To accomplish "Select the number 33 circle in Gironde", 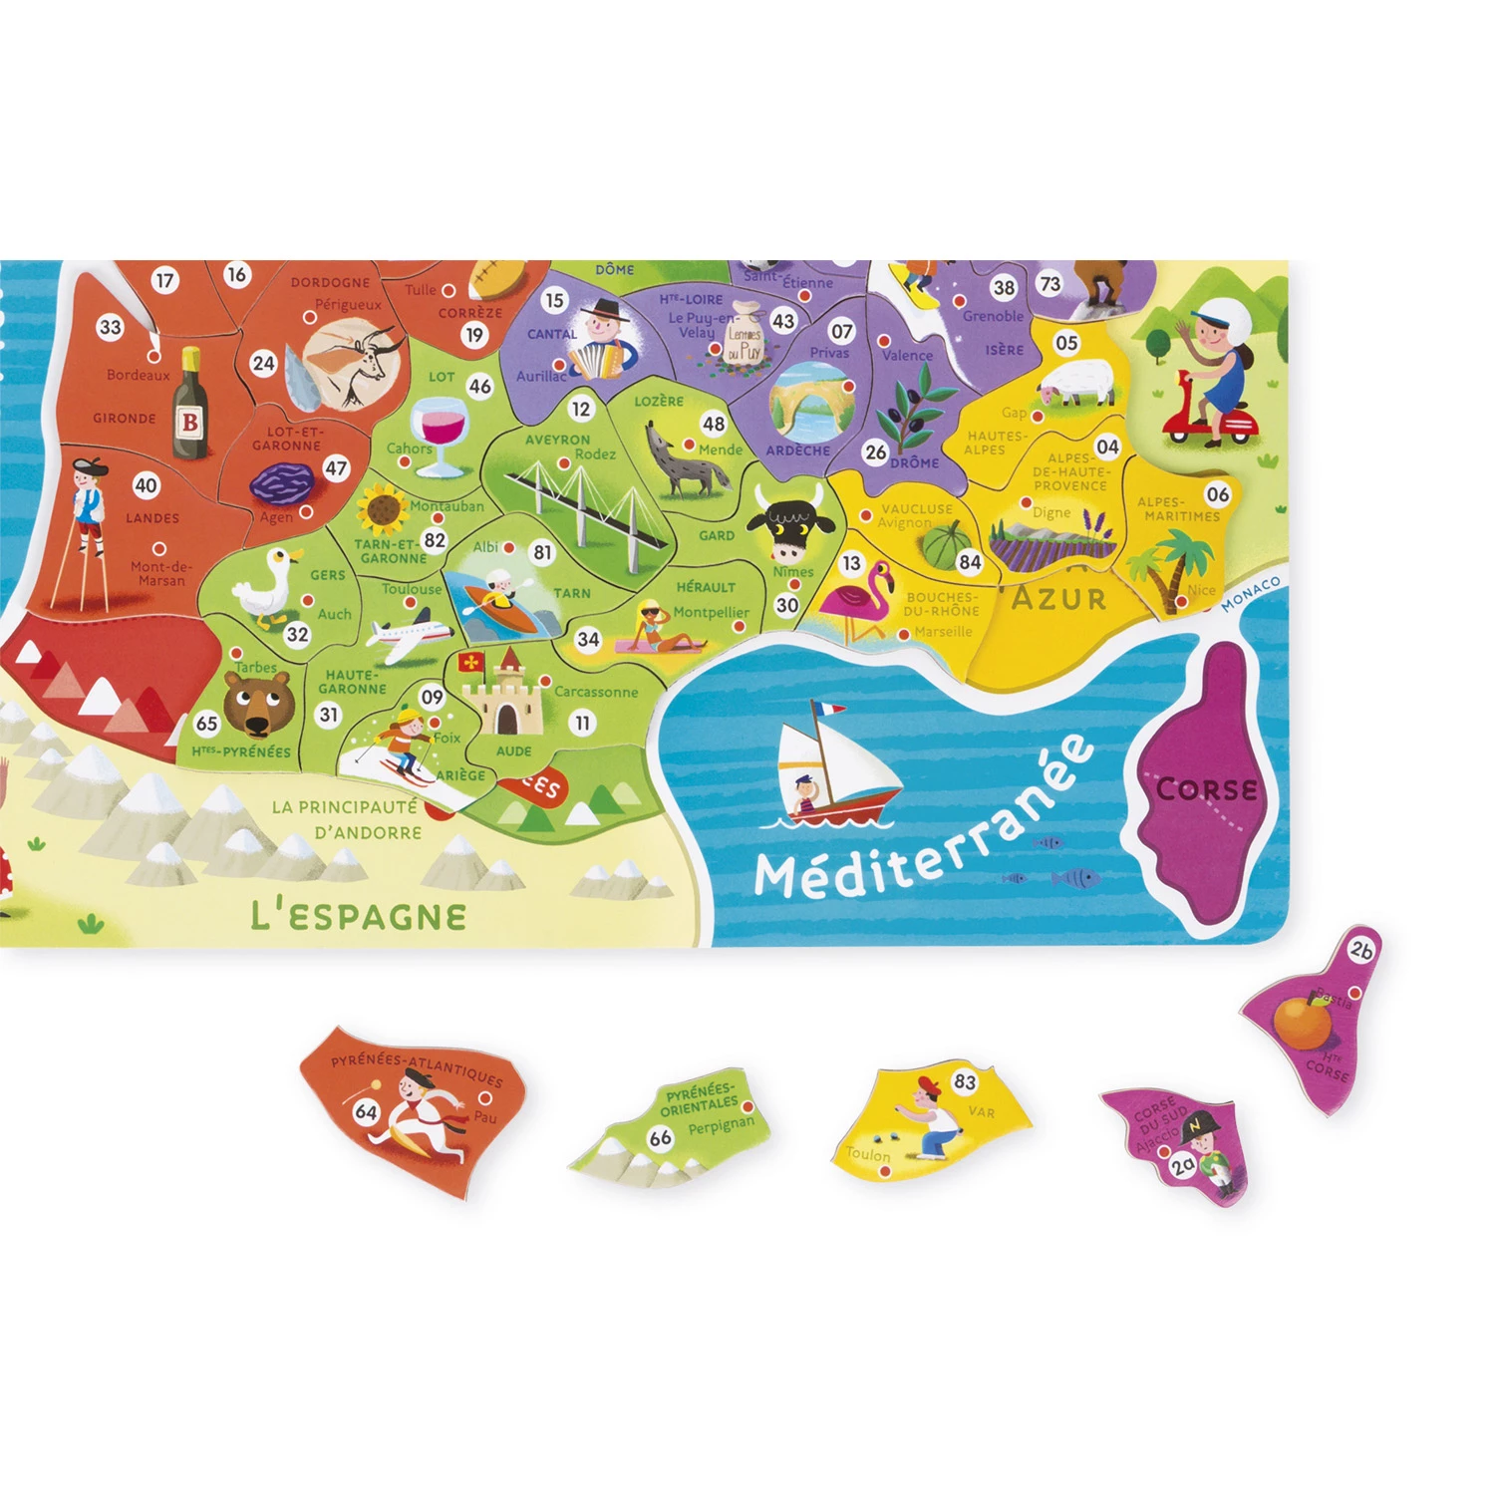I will [110, 327].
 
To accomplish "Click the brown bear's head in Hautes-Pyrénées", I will [258, 701].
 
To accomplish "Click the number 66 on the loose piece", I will [660, 1138].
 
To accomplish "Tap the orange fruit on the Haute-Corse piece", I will [1302, 1022].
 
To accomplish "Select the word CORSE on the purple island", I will [1207, 789].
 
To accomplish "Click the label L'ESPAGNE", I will [359, 915].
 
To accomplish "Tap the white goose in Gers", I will [266, 587].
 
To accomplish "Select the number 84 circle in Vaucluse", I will [970, 562].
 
